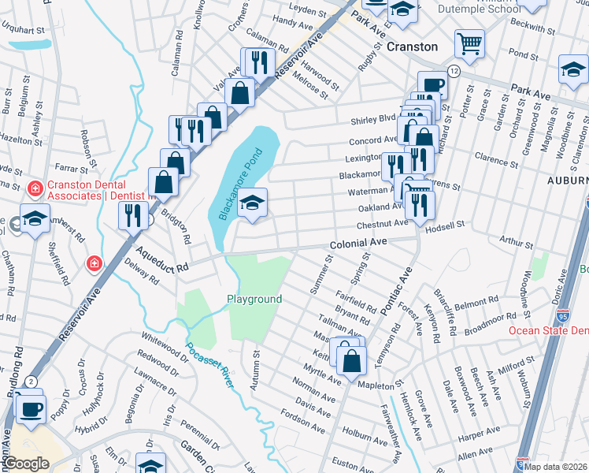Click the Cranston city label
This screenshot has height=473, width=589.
point(412,47)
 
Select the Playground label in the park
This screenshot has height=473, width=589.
point(254,300)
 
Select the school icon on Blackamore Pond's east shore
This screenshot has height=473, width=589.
point(253,203)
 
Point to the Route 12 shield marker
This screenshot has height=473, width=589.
point(454,72)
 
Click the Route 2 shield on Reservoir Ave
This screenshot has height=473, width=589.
point(30,382)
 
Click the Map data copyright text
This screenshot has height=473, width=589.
point(555,465)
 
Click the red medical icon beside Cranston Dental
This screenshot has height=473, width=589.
point(34,188)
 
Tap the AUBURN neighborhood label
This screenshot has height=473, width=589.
point(567,181)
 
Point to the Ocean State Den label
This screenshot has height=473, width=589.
point(548,330)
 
